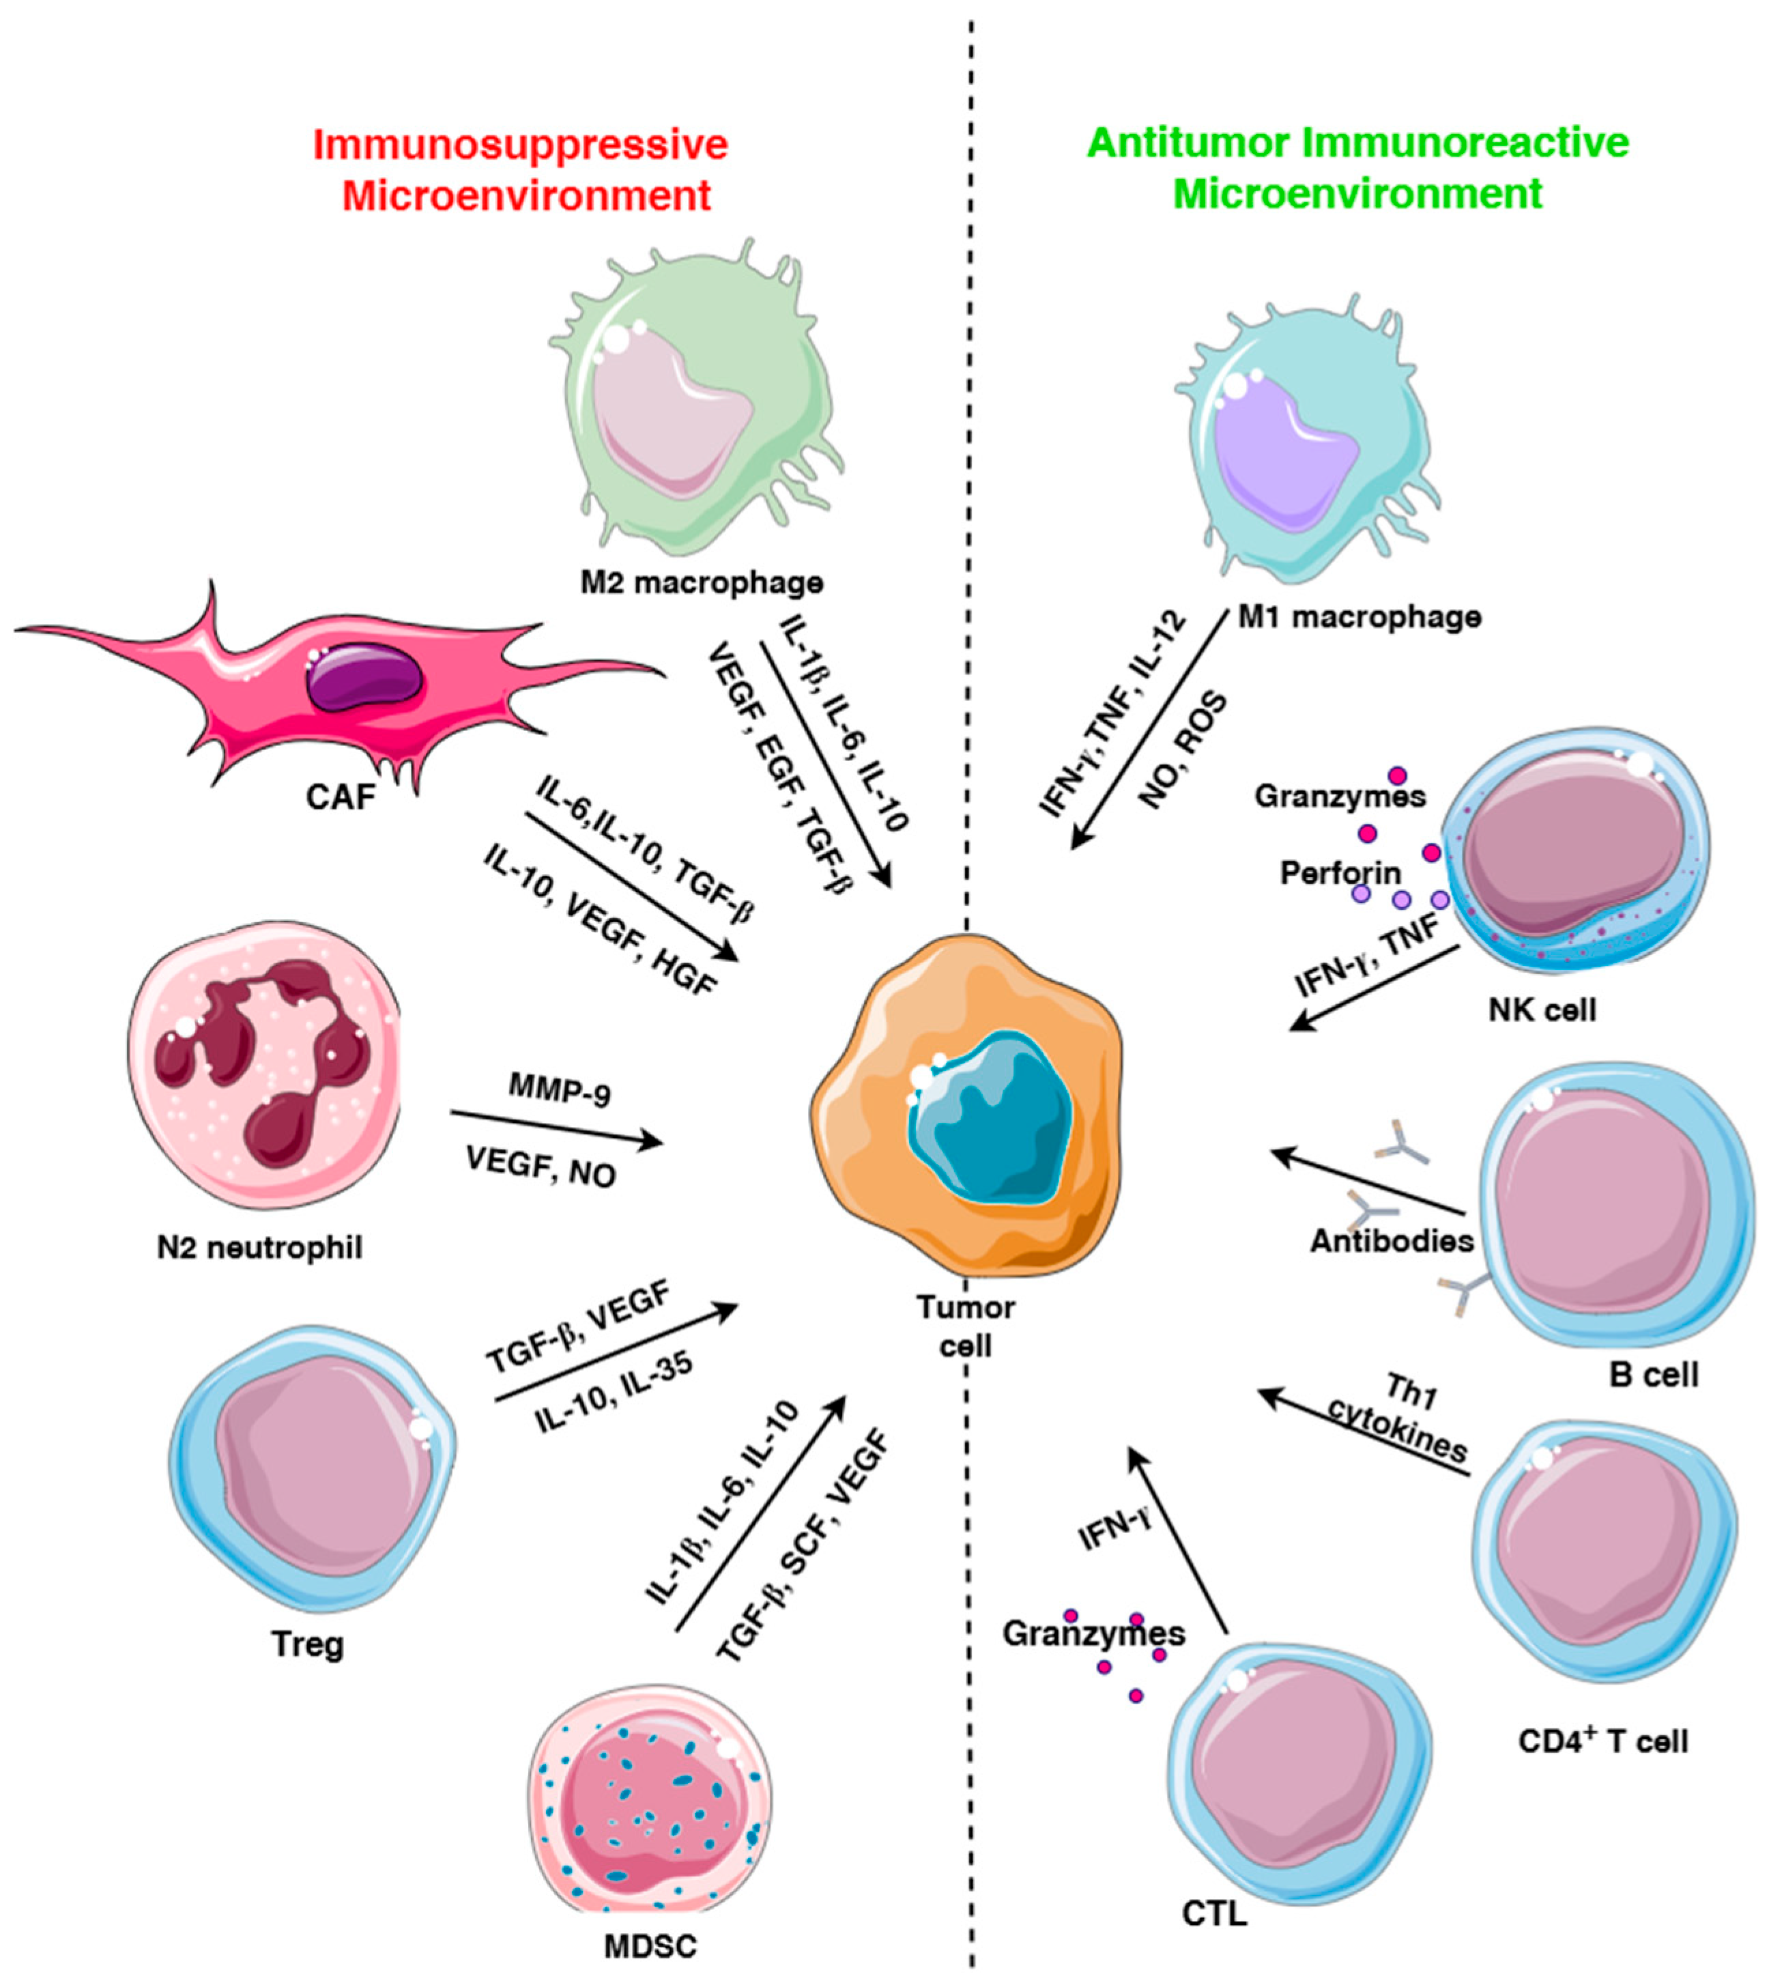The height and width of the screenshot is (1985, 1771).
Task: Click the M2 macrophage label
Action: pos(702,583)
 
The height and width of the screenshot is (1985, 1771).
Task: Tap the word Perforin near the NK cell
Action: pos(1340,873)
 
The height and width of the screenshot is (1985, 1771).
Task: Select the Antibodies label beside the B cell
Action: pos(1392,1241)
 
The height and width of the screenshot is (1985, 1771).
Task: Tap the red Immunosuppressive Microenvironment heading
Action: pos(521,170)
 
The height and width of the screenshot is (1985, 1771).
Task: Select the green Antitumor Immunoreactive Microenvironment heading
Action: pos(1358,167)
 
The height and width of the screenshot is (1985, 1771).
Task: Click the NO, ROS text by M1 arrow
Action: pos(1182,751)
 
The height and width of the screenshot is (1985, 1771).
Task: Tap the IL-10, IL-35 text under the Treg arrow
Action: pos(615,1390)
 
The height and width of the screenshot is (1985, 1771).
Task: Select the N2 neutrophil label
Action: pos(260,1246)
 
